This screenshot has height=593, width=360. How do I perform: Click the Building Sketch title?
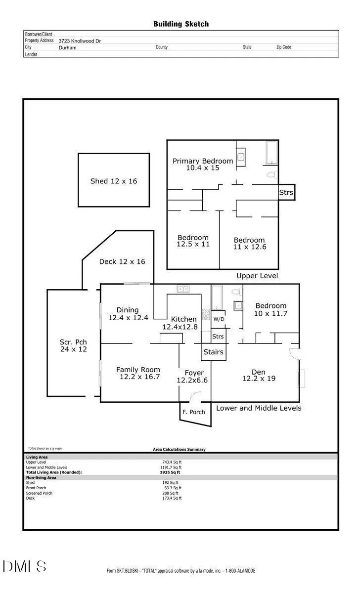pos(181,24)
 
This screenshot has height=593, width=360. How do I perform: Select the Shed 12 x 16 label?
pos(114,181)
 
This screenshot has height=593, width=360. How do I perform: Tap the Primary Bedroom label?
pos(203,161)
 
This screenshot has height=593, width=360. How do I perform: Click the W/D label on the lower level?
pos(219,319)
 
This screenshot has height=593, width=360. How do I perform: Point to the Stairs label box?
pos(214,352)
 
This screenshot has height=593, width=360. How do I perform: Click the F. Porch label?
pos(194,412)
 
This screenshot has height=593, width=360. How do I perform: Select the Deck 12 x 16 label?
pos(122,261)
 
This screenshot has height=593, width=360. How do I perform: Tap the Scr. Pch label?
pos(73,342)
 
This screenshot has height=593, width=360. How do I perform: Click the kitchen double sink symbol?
pos(183,289)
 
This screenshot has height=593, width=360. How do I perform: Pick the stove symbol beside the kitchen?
pos(206,315)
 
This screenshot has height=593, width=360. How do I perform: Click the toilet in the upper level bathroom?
pos(272,175)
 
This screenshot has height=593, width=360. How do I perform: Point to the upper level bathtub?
pos(271,153)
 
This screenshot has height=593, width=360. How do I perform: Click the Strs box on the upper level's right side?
pos(286,192)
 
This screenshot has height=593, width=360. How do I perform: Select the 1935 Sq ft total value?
pos(170,472)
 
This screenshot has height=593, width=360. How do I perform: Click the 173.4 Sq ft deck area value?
pos(172,498)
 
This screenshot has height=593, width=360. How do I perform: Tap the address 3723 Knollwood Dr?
pos(80,41)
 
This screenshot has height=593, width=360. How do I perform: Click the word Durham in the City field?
pos(68,47)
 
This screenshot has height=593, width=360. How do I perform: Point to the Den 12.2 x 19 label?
pos(259,376)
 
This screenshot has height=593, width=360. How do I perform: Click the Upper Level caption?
pos(257,276)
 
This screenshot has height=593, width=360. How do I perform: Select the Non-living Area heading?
pos(41,477)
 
